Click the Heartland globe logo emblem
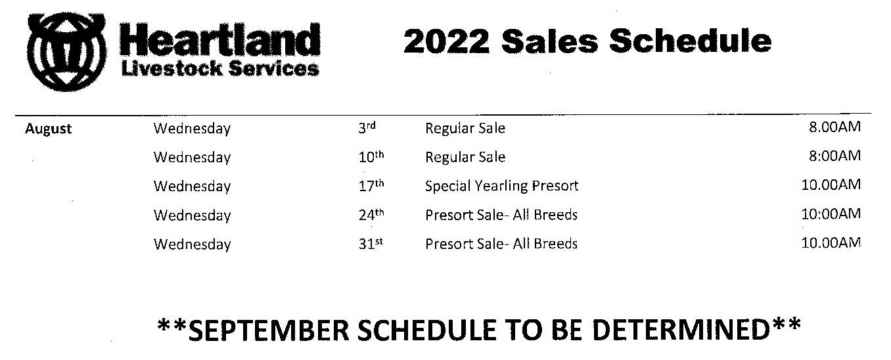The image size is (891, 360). [x=66, y=52]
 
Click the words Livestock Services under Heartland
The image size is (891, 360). [x=220, y=68]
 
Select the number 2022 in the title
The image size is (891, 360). [x=446, y=41]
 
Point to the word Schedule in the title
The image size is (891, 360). [x=690, y=41]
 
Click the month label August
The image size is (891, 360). [x=48, y=129]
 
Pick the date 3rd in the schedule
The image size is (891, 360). [x=367, y=127]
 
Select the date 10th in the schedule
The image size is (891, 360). [x=371, y=157]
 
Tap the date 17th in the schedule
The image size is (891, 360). [x=371, y=185]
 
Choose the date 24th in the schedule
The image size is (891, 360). [x=371, y=214]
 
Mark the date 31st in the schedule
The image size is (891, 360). [x=371, y=244]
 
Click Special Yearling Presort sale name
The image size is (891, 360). [x=501, y=186]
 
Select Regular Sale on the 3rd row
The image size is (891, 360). [x=465, y=129]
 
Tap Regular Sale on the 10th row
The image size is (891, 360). [x=465, y=157]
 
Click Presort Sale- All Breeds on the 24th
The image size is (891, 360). [x=501, y=215]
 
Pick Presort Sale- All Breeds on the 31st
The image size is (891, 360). [x=501, y=244]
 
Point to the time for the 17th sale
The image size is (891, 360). [x=831, y=185]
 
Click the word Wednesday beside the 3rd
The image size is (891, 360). [x=192, y=129]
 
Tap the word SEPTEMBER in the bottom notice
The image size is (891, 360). [x=269, y=330]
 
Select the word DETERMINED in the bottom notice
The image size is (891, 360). [x=681, y=330]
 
